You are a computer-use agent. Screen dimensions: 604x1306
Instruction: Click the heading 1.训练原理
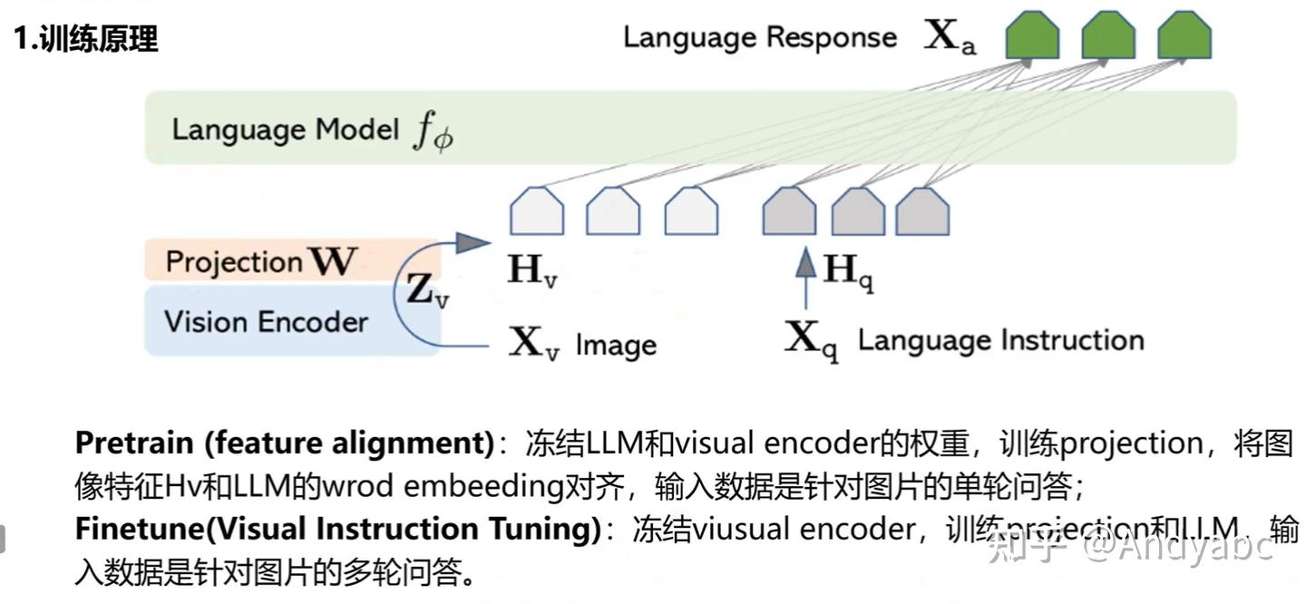coord(86,38)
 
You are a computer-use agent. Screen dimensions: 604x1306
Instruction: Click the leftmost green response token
coord(1032,36)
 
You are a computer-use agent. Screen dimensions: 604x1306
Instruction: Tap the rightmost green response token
coord(1184,36)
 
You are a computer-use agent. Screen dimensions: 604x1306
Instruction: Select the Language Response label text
coord(759,37)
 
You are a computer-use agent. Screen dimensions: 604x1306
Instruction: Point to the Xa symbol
coord(950,37)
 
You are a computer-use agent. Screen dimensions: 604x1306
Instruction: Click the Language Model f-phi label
coord(312,131)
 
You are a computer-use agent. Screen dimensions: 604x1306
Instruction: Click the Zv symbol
coord(426,290)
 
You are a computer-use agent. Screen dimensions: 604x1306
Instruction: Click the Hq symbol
coord(847,269)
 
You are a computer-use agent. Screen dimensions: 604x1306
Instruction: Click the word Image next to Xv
coord(616,346)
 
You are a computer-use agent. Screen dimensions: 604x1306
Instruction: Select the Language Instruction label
coord(1000,341)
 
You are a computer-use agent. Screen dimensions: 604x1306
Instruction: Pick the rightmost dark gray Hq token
coord(922,211)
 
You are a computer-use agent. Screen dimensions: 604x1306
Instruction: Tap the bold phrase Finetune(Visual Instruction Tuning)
coord(337,529)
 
